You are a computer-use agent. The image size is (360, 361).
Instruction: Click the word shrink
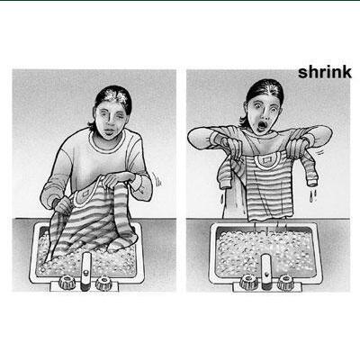pyautogui.click(x=325, y=73)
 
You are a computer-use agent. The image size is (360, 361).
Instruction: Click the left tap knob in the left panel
pyautogui.click(x=67, y=282)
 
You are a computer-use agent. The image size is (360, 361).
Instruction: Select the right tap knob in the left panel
pyautogui.click(x=103, y=283)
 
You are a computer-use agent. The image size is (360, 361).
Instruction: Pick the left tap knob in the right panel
pyautogui.click(x=248, y=282)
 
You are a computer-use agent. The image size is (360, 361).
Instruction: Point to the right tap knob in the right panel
pyautogui.click(x=284, y=282)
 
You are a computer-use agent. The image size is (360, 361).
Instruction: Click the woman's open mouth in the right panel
pyautogui.click(x=263, y=126)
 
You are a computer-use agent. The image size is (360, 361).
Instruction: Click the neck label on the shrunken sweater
pyautogui.click(x=265, y=160)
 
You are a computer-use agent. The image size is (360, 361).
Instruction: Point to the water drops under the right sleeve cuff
pyautogui.click(x=313, y=195)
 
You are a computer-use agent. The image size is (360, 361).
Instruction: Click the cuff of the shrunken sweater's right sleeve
pyautogui.click(x=312, y=181)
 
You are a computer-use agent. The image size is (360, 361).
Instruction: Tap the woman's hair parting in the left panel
pyautogui.click(x=114, y=96)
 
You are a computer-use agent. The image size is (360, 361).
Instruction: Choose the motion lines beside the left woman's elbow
pyautogui.click(x=157, y=179)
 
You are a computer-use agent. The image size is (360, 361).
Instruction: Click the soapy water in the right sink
pyautogui.click(x=265, y=253)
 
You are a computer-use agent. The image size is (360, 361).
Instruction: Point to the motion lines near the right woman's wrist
pyautogui.click(x=320, y=152)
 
